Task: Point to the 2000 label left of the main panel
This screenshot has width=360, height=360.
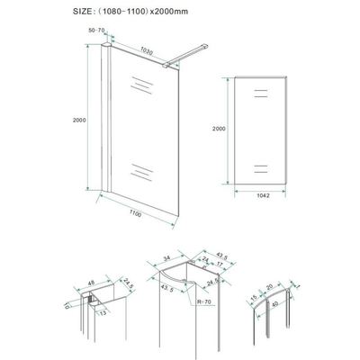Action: pos(81,118)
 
